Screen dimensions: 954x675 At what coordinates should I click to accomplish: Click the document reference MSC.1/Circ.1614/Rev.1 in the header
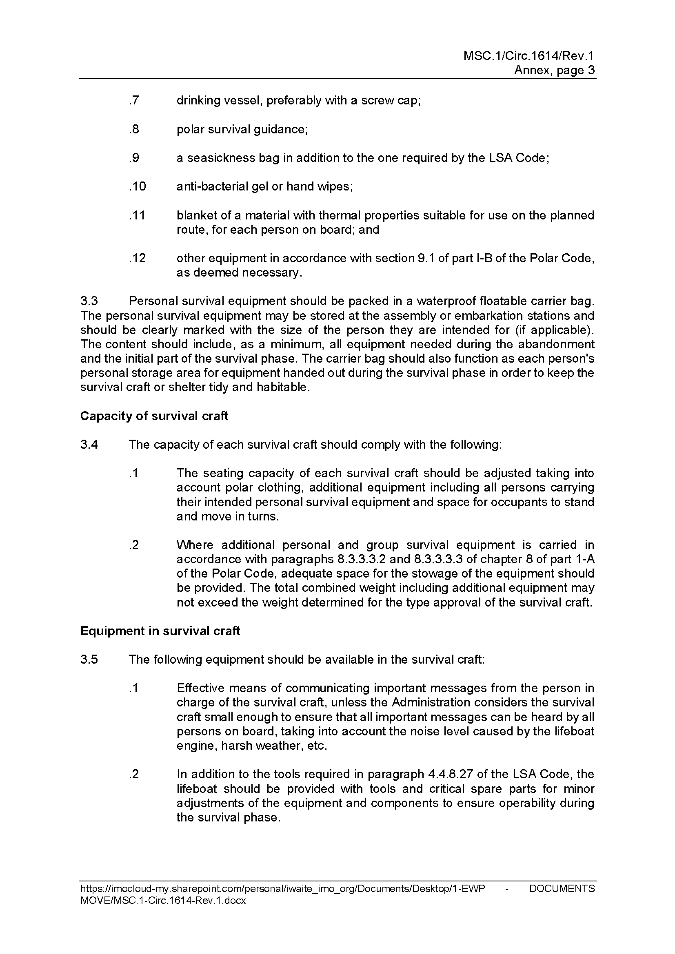tap(528, 56)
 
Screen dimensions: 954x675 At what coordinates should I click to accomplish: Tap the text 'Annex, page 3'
tap(554, 70)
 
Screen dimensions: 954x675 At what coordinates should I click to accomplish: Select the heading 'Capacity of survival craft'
tap(154, 416)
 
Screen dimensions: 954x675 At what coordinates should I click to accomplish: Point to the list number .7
tap(134, 101)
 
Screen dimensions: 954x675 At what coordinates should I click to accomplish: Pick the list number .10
tap(137, 186)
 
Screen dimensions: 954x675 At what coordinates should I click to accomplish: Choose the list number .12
tap(137, 258)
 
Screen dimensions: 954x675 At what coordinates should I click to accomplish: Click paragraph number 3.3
tap(89, 301)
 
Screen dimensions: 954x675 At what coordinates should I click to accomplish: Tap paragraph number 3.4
tap(89, 445)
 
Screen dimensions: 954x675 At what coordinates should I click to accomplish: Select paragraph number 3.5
tap(89, 660)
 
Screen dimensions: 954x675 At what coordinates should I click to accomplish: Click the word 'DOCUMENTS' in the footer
tap(562, 889)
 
